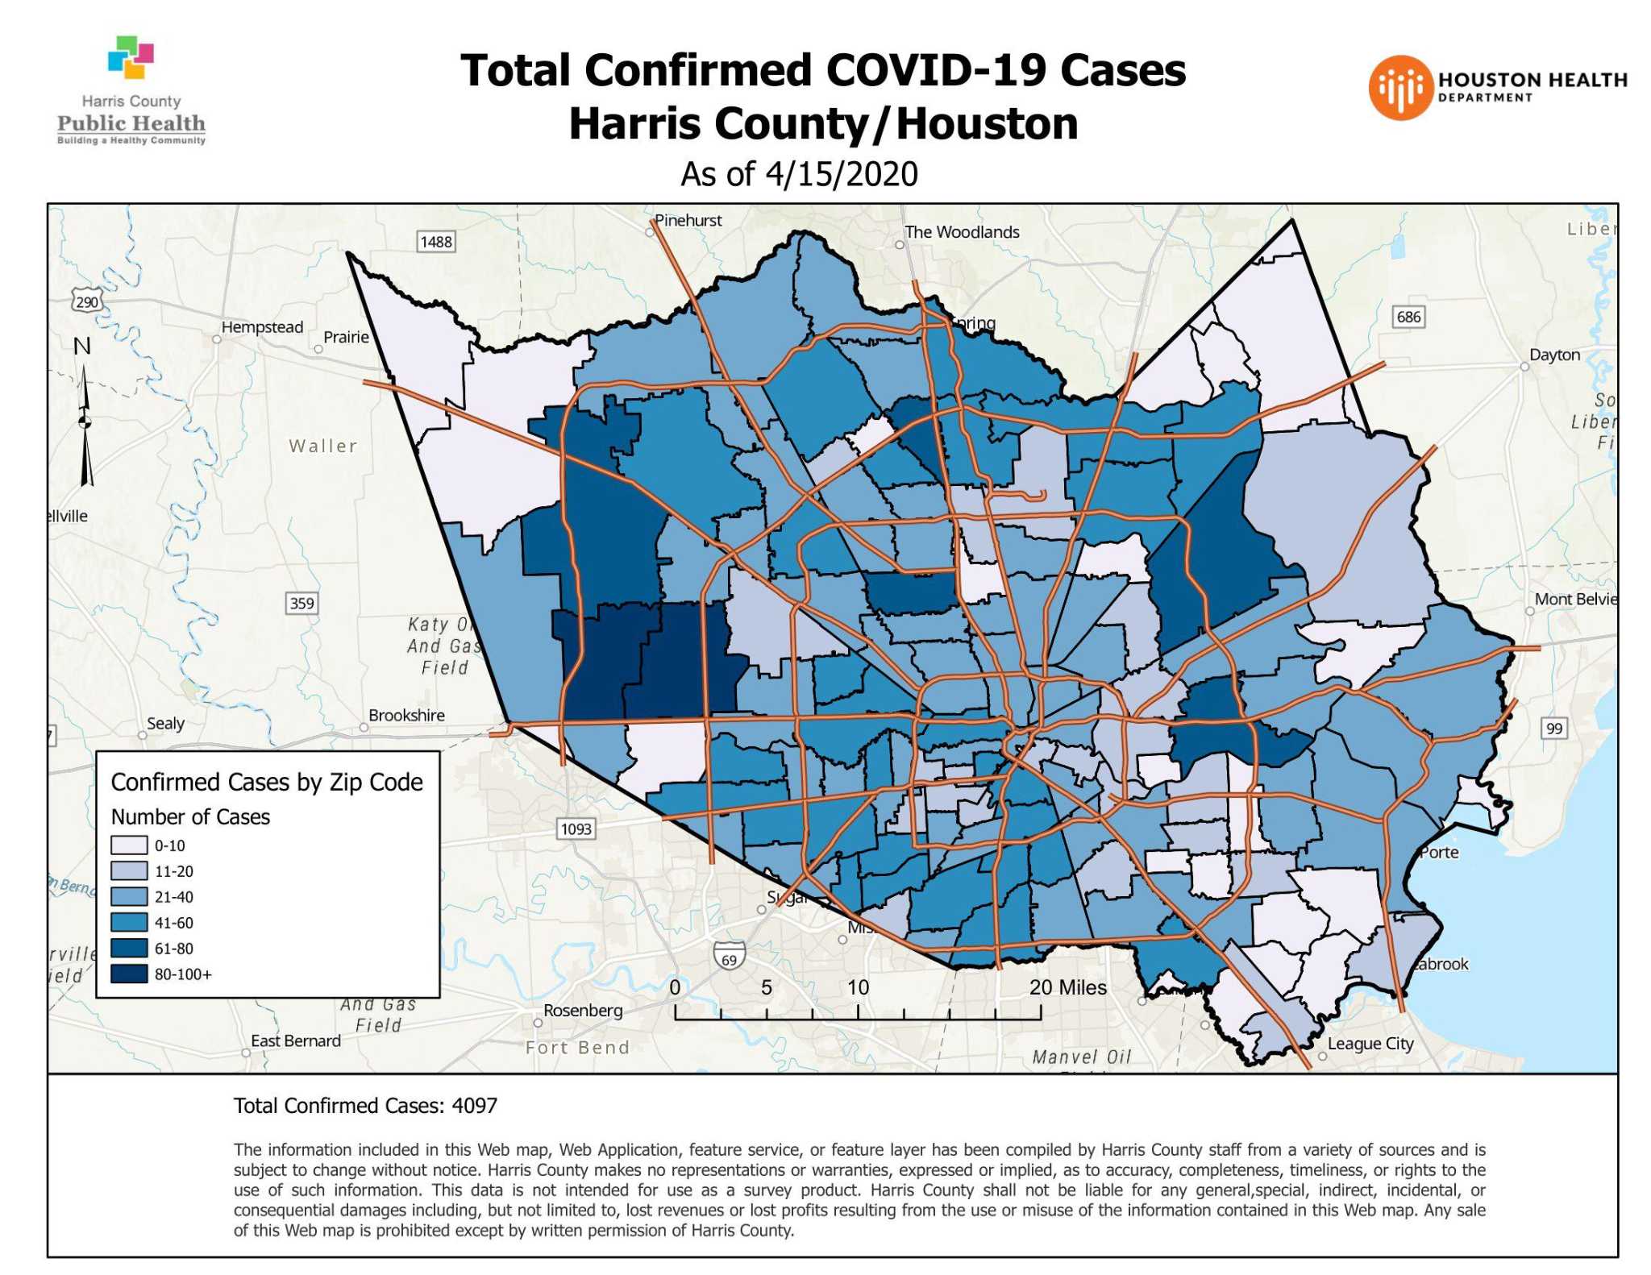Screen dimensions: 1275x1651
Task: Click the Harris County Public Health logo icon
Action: (x=131, y=57)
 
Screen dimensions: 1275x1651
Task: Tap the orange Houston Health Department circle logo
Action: (x=1400, y=88)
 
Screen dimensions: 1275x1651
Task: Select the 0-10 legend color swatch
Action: (x=129, y=845)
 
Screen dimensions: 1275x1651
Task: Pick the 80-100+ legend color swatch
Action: (x=129, y=974)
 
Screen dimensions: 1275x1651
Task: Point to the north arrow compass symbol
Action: (x=85, y=423)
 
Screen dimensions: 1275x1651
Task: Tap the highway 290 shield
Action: (x=86, y=302)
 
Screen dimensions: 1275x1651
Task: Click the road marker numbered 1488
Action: (x=436, y=242)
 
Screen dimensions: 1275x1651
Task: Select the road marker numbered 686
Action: (x=1408, y=317)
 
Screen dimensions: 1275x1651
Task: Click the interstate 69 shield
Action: (x=729, y=957)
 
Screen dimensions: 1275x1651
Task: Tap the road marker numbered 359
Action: (x=302, y=603)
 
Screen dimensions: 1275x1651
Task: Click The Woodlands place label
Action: (x=961, y=232)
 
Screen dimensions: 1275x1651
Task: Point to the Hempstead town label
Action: (x=262, y=327)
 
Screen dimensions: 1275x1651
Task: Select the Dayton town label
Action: (x=1554, y=355)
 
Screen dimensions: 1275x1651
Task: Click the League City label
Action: (x=1370, y=1043)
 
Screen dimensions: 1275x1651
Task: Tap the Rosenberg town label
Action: (x=582, y=1010)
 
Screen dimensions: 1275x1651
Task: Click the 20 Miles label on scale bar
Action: (x=1067, y=986)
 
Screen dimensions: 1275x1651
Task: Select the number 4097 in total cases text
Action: (x=474, y=1105)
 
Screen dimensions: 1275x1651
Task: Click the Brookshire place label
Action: (x=406, y=715)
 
